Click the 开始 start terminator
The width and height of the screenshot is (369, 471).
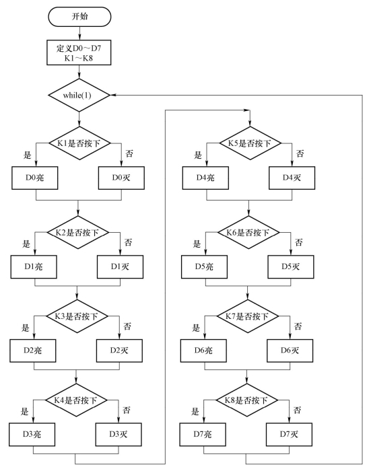79,17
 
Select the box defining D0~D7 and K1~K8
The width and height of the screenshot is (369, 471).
79,52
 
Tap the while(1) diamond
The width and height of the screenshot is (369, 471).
79,96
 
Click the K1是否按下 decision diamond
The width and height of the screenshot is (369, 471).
79,143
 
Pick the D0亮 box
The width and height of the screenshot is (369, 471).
35,178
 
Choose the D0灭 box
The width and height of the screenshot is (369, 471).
121,178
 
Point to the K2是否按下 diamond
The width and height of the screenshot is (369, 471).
78,233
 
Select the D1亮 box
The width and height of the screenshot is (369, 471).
34,266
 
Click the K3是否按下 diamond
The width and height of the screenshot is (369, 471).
77,316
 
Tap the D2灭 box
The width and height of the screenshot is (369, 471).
119,351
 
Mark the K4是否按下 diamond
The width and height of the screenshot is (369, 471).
76,400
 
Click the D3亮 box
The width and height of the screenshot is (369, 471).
32,435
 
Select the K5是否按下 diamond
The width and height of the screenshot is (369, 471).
250,143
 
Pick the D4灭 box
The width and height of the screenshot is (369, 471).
292,178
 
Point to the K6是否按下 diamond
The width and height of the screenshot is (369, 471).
248,233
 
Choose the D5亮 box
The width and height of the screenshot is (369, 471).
204,266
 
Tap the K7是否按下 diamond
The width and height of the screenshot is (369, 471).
248,316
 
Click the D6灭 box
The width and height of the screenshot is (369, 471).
290,351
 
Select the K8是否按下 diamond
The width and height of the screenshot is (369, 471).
247,400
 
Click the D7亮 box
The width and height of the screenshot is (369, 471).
203,435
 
